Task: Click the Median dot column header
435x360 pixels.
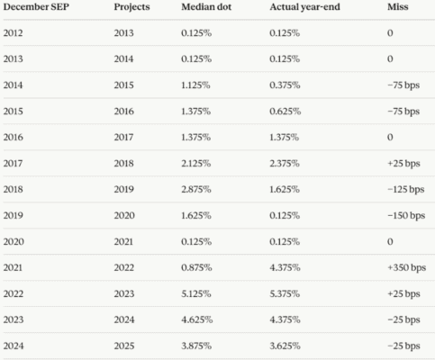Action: coord(206,7)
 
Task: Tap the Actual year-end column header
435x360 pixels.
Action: coord(304,7)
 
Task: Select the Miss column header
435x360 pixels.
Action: coord(398,7)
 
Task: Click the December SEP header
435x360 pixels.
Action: coord(36,7)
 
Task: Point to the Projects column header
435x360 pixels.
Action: coord(131,7)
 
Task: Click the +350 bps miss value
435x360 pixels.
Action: coord(407,267)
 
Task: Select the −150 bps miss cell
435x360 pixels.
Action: coord(406,215)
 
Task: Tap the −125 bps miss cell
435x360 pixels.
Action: coord(406,189)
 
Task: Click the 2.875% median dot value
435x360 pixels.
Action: coord(196,189)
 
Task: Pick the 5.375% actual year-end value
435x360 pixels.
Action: coord(285,293)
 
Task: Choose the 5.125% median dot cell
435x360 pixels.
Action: coord(196,293)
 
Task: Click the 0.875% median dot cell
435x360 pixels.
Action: coord(196,267)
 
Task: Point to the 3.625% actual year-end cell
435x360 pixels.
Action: coord(285,346)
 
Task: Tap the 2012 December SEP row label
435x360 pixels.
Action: coord(13,33)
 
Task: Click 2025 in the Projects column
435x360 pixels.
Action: coord(124,346)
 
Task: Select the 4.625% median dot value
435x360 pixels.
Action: coord(197,319)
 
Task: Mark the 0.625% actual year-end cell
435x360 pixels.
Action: coord(285,112)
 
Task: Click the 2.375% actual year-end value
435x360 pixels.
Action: coord(285,164)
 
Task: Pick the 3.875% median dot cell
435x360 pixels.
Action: coord(196,346)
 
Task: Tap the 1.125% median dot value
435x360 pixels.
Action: coord(195,85)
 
